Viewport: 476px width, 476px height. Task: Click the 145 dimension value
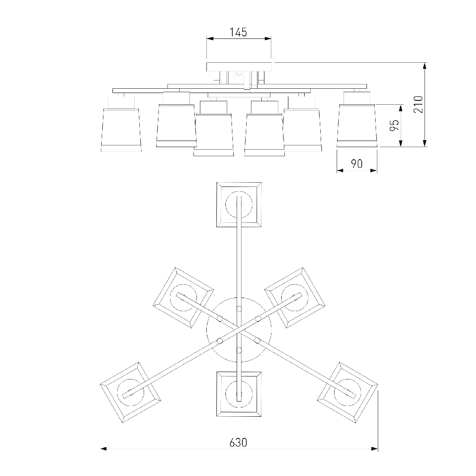(x=238, y=32)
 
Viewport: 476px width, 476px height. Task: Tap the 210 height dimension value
(x=418, y=104)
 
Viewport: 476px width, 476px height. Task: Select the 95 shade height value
(x=394, y=125)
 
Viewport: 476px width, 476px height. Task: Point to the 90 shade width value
(x=357, y=164)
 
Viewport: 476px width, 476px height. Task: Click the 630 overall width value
(x=238, y=443)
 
